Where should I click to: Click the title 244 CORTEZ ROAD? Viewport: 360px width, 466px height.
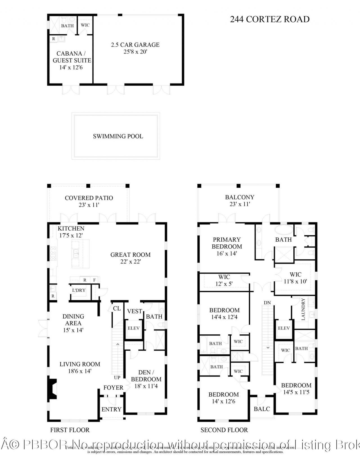pos(269,19)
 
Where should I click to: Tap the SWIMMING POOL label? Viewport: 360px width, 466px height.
pos(118,136)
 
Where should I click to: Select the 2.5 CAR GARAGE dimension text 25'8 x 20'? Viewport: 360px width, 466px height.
pos(135,52)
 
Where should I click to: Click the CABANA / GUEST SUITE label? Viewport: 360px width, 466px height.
pos(72,57)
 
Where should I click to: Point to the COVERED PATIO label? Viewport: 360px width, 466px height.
pos(89,198)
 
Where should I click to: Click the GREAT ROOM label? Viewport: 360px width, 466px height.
pos(130,255)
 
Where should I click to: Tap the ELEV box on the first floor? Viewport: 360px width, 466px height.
pos(134,328)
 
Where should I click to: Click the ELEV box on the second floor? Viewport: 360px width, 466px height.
pos(284,328)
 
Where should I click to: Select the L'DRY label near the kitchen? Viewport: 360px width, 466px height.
pos(79,290)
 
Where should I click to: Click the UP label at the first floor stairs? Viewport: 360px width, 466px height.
pos(117,377)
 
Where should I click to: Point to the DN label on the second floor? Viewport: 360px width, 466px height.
pos(267,303)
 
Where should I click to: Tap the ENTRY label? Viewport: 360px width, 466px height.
pos(111,409)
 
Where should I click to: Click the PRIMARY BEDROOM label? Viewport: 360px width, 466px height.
pos(227,243)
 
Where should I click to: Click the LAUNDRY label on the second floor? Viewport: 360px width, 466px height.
pos(303,309)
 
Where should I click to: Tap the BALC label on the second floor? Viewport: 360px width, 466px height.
pos(262,409)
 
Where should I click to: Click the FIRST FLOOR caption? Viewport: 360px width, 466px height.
pos(70,430)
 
